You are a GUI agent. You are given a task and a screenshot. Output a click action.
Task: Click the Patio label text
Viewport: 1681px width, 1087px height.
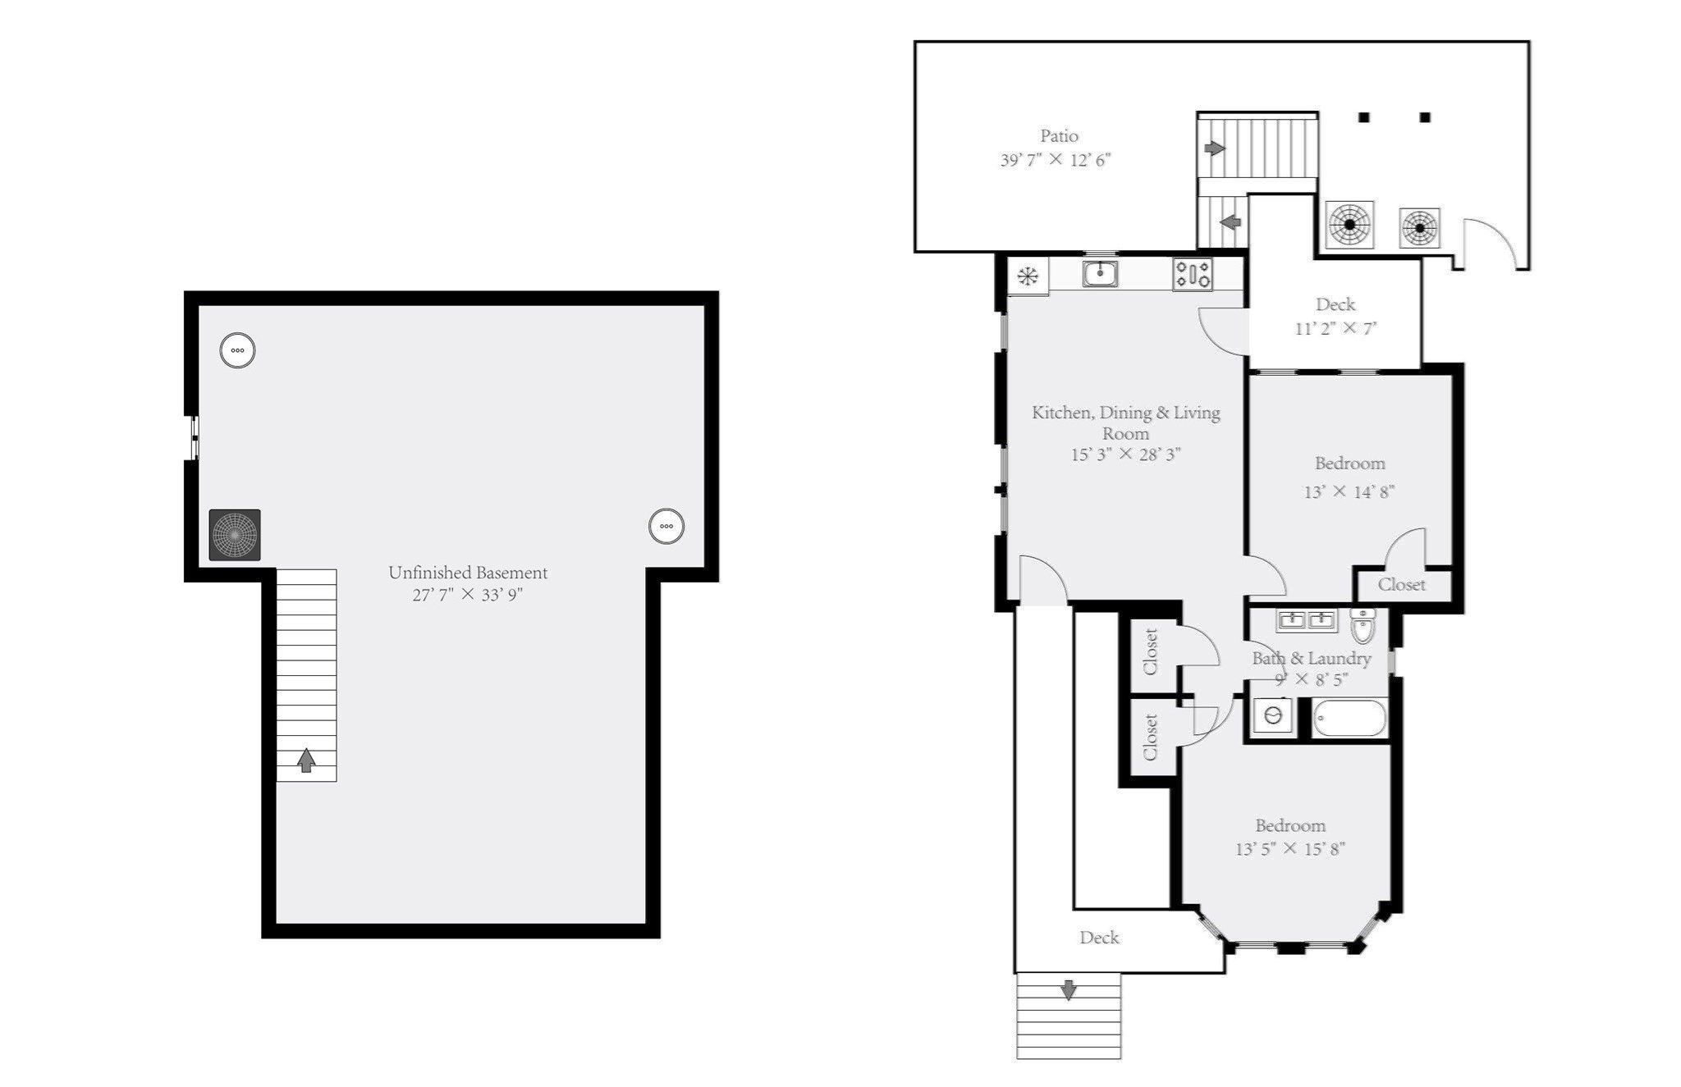pyautogui.click(x=1059, y=136)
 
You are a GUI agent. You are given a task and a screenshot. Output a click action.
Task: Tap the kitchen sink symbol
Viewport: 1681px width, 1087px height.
pyautogui.click(x=1100, y=273)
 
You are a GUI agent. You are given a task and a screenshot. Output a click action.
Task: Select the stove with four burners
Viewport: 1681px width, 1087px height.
pyautogui.click(x=1192, y=274)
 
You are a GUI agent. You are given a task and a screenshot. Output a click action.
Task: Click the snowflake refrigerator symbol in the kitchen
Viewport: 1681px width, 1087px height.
pyautogui.click(x=1028, y=276)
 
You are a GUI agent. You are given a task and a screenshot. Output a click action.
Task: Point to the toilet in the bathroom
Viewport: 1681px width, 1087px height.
pyautogui.click(x=1363, y=626)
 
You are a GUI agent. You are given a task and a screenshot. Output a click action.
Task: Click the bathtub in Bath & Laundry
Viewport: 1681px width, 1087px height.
pyautogui.click(x=1349, y=719)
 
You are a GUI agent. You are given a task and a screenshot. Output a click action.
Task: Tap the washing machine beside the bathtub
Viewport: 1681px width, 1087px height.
pyautogui.click(x=1273, y=716)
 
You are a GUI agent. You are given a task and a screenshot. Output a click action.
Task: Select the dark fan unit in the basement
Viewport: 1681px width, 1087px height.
pyautogui.click(x=235, y=535)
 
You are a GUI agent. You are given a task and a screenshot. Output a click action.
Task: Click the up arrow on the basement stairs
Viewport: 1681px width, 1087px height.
pyautogui.click(x=306, y=760)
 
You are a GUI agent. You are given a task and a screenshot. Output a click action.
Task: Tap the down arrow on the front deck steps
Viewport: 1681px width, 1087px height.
pyautogui.click(x=1068, y=990)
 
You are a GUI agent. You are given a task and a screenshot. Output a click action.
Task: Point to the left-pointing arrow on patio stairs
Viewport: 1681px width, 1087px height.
pyautogui.click(x=1230, y=222)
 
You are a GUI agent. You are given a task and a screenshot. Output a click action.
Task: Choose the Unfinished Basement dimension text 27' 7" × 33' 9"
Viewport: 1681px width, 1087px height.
pyautogui.click(x=467, y=595)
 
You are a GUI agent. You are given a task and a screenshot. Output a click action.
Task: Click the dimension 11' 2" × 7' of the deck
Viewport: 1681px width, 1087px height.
pyautogui.click(x=1335, y=329)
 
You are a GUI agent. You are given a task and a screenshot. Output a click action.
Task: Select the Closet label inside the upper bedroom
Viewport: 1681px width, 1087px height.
pyautogui.click(x=1401, y=585)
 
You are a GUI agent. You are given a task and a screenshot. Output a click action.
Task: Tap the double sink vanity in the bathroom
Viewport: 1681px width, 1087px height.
pyautogui.click(x=1306, y=619)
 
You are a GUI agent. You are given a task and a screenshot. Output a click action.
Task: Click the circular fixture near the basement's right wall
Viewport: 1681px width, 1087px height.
pyautogui.click(x=666, y=526)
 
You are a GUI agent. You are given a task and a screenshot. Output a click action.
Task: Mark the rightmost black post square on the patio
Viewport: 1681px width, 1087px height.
pyautogui.click(x=1425, y=117)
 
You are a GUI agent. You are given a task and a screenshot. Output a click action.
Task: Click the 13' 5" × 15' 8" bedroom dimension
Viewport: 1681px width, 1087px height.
pyautogui.click(x=1289, y=849)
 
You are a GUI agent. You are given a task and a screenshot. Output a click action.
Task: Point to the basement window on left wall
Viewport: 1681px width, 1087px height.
pyautogui.click(x=195, y=437)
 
